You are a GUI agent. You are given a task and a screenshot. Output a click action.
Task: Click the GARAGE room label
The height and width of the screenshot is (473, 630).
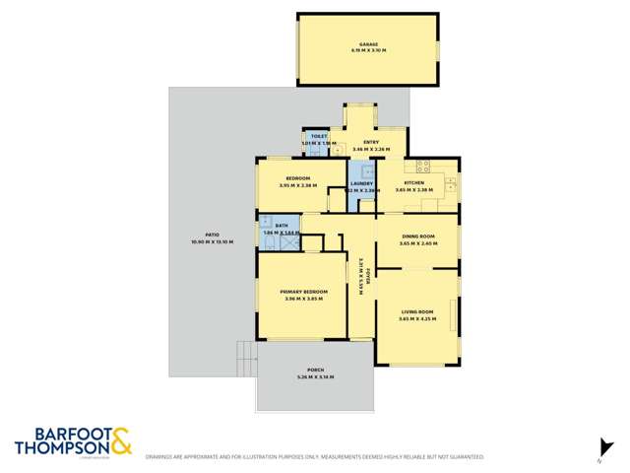click(368, 44)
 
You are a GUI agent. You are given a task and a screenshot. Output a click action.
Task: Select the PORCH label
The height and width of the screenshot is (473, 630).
click(315, 371)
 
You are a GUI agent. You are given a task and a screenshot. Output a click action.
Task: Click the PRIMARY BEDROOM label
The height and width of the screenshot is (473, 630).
click(303, 292)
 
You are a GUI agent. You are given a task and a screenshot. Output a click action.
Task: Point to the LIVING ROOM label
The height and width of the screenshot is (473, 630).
click(417, 311)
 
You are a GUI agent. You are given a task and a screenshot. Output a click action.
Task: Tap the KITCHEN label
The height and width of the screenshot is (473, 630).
click(414, 183)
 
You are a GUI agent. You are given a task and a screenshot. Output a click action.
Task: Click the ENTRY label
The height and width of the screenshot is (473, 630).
click(371, 143)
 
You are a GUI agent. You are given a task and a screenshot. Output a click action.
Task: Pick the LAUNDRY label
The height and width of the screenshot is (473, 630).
click(361, 183)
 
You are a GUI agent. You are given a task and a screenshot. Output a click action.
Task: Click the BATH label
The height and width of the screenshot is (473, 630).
click(282, 226)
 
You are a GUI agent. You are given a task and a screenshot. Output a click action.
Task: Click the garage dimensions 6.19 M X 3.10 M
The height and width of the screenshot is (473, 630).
click(368, 50)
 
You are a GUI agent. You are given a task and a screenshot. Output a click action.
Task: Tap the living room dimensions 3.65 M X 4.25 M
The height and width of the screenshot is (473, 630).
click(417, 318)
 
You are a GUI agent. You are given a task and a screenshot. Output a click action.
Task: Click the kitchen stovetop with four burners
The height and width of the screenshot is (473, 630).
click(422, 165)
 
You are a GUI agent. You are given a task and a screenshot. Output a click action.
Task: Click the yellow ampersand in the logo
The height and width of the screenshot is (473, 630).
click(120, 440)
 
